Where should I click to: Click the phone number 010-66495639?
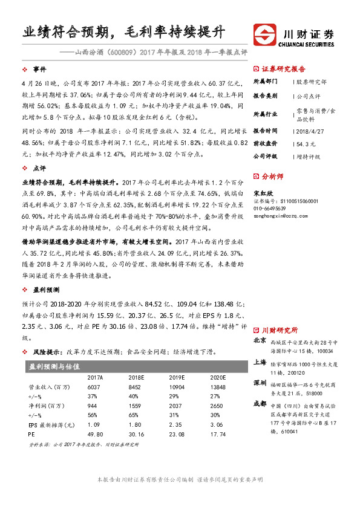pyautogui.click(x=272, y=207)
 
